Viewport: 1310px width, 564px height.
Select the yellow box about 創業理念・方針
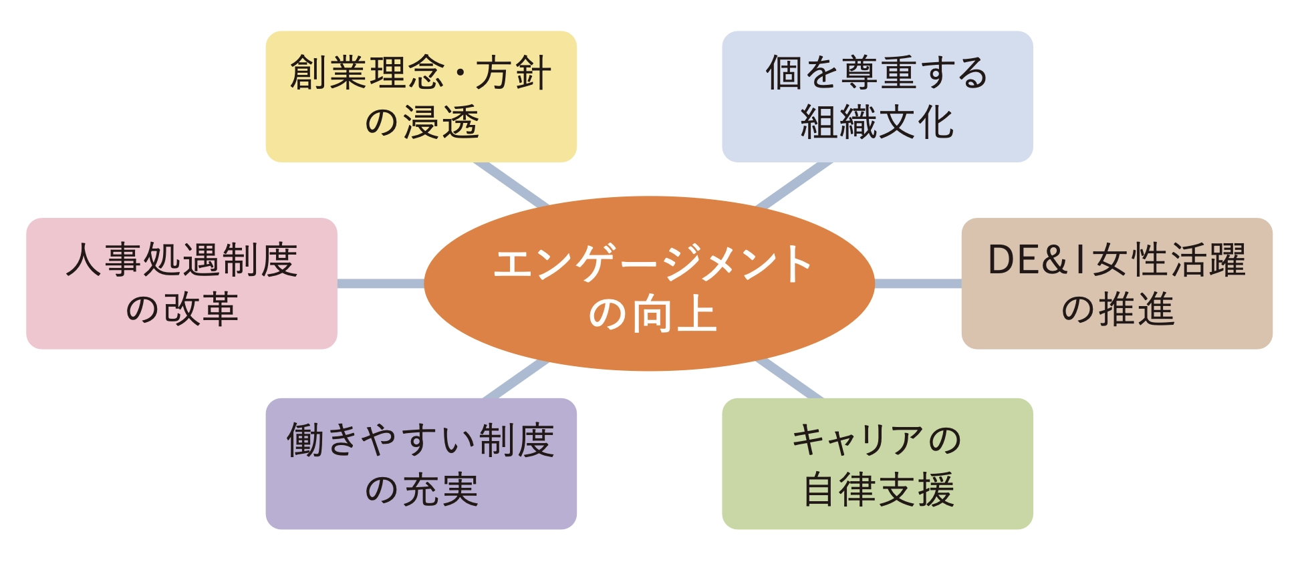(x=421, y=96)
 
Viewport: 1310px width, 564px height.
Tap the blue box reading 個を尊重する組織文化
(x=877, y=96)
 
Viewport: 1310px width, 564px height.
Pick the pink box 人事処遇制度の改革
(x=182, y=283)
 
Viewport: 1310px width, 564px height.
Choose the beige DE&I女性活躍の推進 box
(x=1116, y=283)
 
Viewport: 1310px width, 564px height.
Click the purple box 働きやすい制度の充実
(x=421, y=464)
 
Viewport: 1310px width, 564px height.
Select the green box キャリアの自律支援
(x=877, y=464)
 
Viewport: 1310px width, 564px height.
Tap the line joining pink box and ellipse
(x=381, y=283)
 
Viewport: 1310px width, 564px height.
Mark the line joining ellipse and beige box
(x=918, y=283)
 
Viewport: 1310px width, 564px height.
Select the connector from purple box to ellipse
(x=515, y=380)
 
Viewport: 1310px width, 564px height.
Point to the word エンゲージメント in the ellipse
(x=652, y=264)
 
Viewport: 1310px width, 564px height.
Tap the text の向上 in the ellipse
(x=652, y=314)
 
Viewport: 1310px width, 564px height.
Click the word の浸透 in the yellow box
(x=422, y=123)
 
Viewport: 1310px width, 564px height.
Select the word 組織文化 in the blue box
(x=877, y=123)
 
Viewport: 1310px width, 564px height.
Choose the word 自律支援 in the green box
(x=878, y=490)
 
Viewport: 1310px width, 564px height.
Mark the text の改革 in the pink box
(x=182, y=309)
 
